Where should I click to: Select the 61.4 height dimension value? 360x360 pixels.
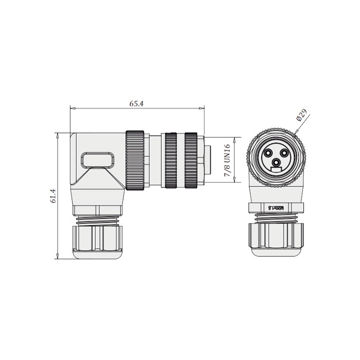52,196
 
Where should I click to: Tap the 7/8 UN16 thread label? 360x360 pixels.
227,160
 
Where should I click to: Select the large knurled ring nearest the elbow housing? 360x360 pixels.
135,160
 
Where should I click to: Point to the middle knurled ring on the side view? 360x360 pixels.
171,160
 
